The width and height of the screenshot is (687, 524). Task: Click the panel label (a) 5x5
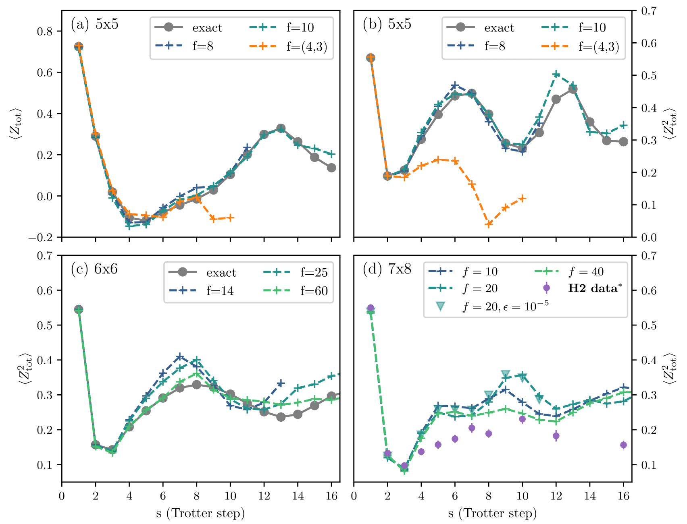[x=95, y=24]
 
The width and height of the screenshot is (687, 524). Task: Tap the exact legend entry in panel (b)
[x=480, y=27]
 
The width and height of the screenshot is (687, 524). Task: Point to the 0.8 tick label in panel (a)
[x=45, y=31]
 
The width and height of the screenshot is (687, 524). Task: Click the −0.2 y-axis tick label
[x=40, y=238]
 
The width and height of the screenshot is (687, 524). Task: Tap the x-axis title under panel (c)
[x=200, y=513]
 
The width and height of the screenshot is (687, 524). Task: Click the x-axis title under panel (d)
[x=492, y=513]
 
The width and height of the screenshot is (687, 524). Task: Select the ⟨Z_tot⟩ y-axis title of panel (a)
[x=15, y=124]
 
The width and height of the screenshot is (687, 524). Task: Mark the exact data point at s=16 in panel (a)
[x=331, y=168]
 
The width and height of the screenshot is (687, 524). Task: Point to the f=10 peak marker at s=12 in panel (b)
[x=556, y=74]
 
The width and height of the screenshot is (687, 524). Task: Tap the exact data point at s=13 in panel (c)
[x=281, y=417]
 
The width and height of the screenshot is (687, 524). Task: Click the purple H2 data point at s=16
[x=623, y=445]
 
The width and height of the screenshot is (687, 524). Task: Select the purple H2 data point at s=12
[x=556, y=435]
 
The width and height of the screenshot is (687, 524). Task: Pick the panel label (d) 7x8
[x=387, y=269]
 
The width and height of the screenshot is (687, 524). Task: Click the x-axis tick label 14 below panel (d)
[x=589, y=496]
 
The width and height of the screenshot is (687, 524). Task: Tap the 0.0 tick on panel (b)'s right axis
[x=649, y=238]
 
